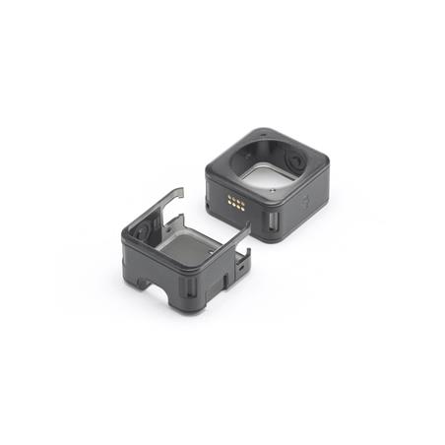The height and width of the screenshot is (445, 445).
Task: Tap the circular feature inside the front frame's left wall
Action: click(144, 233)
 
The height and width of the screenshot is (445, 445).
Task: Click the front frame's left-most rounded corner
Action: click(125, 236)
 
